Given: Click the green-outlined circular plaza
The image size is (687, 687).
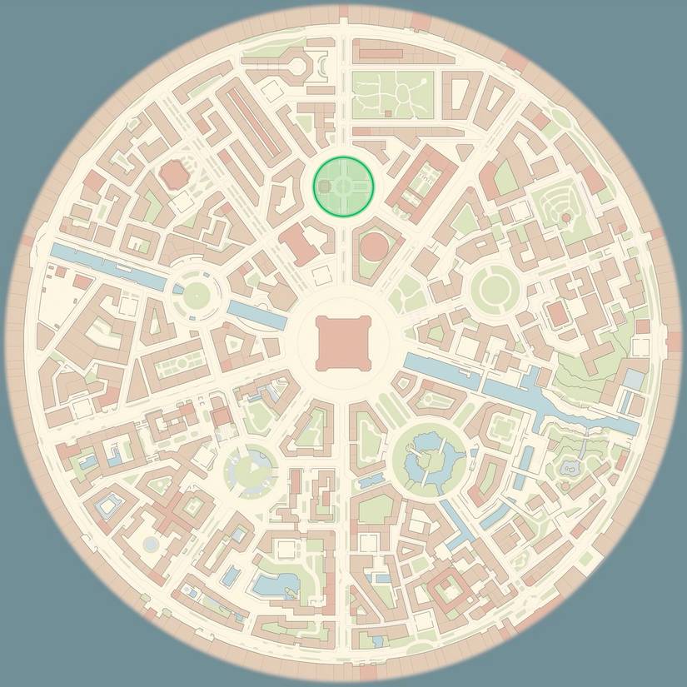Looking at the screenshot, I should pyautogui.click(x=343, y=186).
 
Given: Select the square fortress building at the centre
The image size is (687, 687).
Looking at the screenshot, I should pyautogui.click(x=342, y=342).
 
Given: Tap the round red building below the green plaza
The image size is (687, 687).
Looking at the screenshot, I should pyautogui.click(x=376, y=246).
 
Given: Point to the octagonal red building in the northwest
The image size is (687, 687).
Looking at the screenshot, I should pyautogui.click(x=174, y=175).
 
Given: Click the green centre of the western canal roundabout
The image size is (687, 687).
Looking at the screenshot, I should pyautogui.click(x=197, y=294).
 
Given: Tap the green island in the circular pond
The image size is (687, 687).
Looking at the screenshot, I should pyautogui.click(x=428, y=457).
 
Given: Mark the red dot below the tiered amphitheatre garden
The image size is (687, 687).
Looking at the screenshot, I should pyautogui.click(x=566, y=217).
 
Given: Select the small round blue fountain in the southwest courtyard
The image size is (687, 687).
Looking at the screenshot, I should pyautogui.click(x=151, y=544).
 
